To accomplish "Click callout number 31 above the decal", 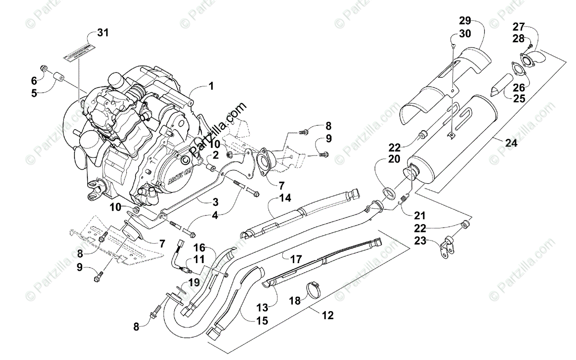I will point(103,33).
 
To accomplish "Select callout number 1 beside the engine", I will point(211,86).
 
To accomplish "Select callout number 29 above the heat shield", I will point(465,20).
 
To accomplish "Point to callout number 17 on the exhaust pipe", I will point(296,259).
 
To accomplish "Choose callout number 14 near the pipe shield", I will point(285,197).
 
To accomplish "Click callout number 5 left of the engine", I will point(34,94).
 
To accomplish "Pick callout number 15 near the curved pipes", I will point(262,320).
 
